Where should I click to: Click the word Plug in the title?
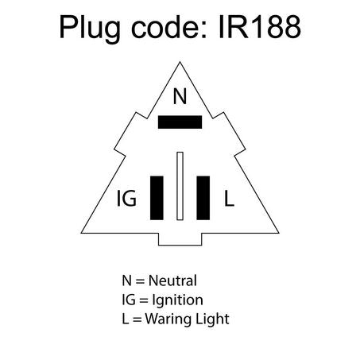tap(90, 29)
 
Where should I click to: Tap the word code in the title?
tap(169, 27)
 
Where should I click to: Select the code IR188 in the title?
tap(260, 27)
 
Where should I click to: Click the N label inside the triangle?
tap(180, 96)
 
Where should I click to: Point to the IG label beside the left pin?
tap(126, 198)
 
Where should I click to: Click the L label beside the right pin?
tap(229, 198)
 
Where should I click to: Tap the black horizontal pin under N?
tap(180, 122)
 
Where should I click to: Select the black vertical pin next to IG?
tap(157, 198)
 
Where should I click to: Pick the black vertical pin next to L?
tap(203, 198)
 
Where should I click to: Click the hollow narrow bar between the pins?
tap(180, 186)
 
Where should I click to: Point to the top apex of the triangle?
tap(180, 62)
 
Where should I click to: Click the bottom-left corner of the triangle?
tap(81, 233)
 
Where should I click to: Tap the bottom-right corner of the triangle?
tap(279, 233)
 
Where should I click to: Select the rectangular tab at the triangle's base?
tap(180, 239)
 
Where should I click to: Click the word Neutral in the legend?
tap(172, 281)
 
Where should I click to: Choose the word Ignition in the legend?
tap(178, 300)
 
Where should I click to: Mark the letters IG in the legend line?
tap(129, 300)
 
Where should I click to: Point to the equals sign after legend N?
tap(140, 281)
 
